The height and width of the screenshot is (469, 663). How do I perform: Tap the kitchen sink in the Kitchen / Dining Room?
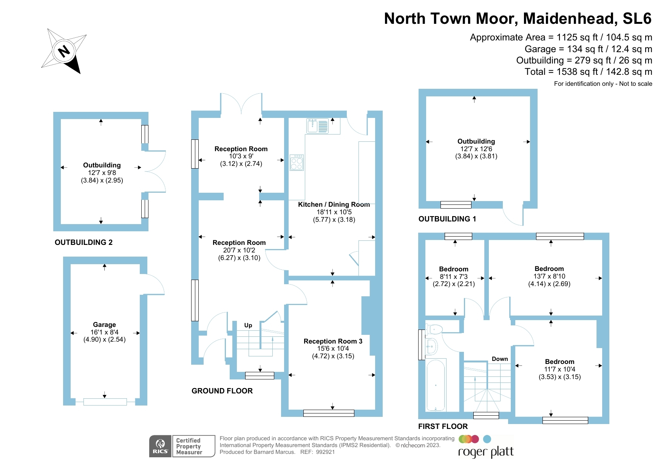(x=318, y=126)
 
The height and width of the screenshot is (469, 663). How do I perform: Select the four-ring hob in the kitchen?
(x=297, y=163)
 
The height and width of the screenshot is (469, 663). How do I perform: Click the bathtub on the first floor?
(x=436, y=385)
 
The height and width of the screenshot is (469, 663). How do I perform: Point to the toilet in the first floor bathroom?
(x=434, y=329)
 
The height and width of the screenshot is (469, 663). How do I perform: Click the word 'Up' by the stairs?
(x=248, y=325)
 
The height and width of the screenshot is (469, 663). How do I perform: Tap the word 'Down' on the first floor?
(x=499, y=359)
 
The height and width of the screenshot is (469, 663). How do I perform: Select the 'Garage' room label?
(x=104, y=325)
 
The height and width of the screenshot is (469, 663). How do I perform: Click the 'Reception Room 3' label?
(x=333, y=341)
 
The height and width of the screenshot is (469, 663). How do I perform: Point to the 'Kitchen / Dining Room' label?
(x=334, y=204)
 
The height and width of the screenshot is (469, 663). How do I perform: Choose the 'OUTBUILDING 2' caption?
(x=83, y=243)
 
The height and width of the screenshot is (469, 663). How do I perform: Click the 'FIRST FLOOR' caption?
(x=443, y=427)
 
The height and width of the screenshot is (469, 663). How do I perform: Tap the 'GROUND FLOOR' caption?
(x=222, y=391)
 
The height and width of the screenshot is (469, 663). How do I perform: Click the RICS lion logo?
(x=161, y=446)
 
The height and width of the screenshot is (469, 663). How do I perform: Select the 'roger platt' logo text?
(x=486, y=452)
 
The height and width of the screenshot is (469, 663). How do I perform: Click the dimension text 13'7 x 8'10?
(x=549, y=276)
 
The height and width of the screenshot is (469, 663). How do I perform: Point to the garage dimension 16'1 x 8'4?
(x=104, y=332)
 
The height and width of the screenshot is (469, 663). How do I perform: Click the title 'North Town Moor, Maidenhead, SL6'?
(x=518, y=19)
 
